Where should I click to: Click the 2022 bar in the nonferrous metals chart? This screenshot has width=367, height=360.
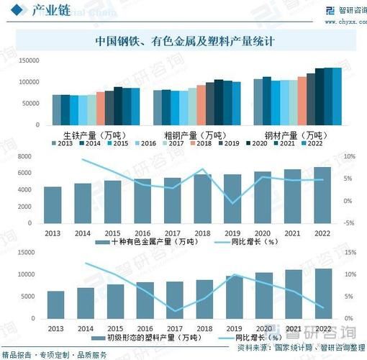323,195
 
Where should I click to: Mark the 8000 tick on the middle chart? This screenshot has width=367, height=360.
24,156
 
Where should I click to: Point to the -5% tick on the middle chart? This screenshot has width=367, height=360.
350,223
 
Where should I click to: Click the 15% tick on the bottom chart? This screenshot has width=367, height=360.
350,253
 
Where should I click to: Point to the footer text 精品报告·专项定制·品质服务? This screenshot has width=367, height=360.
54,354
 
